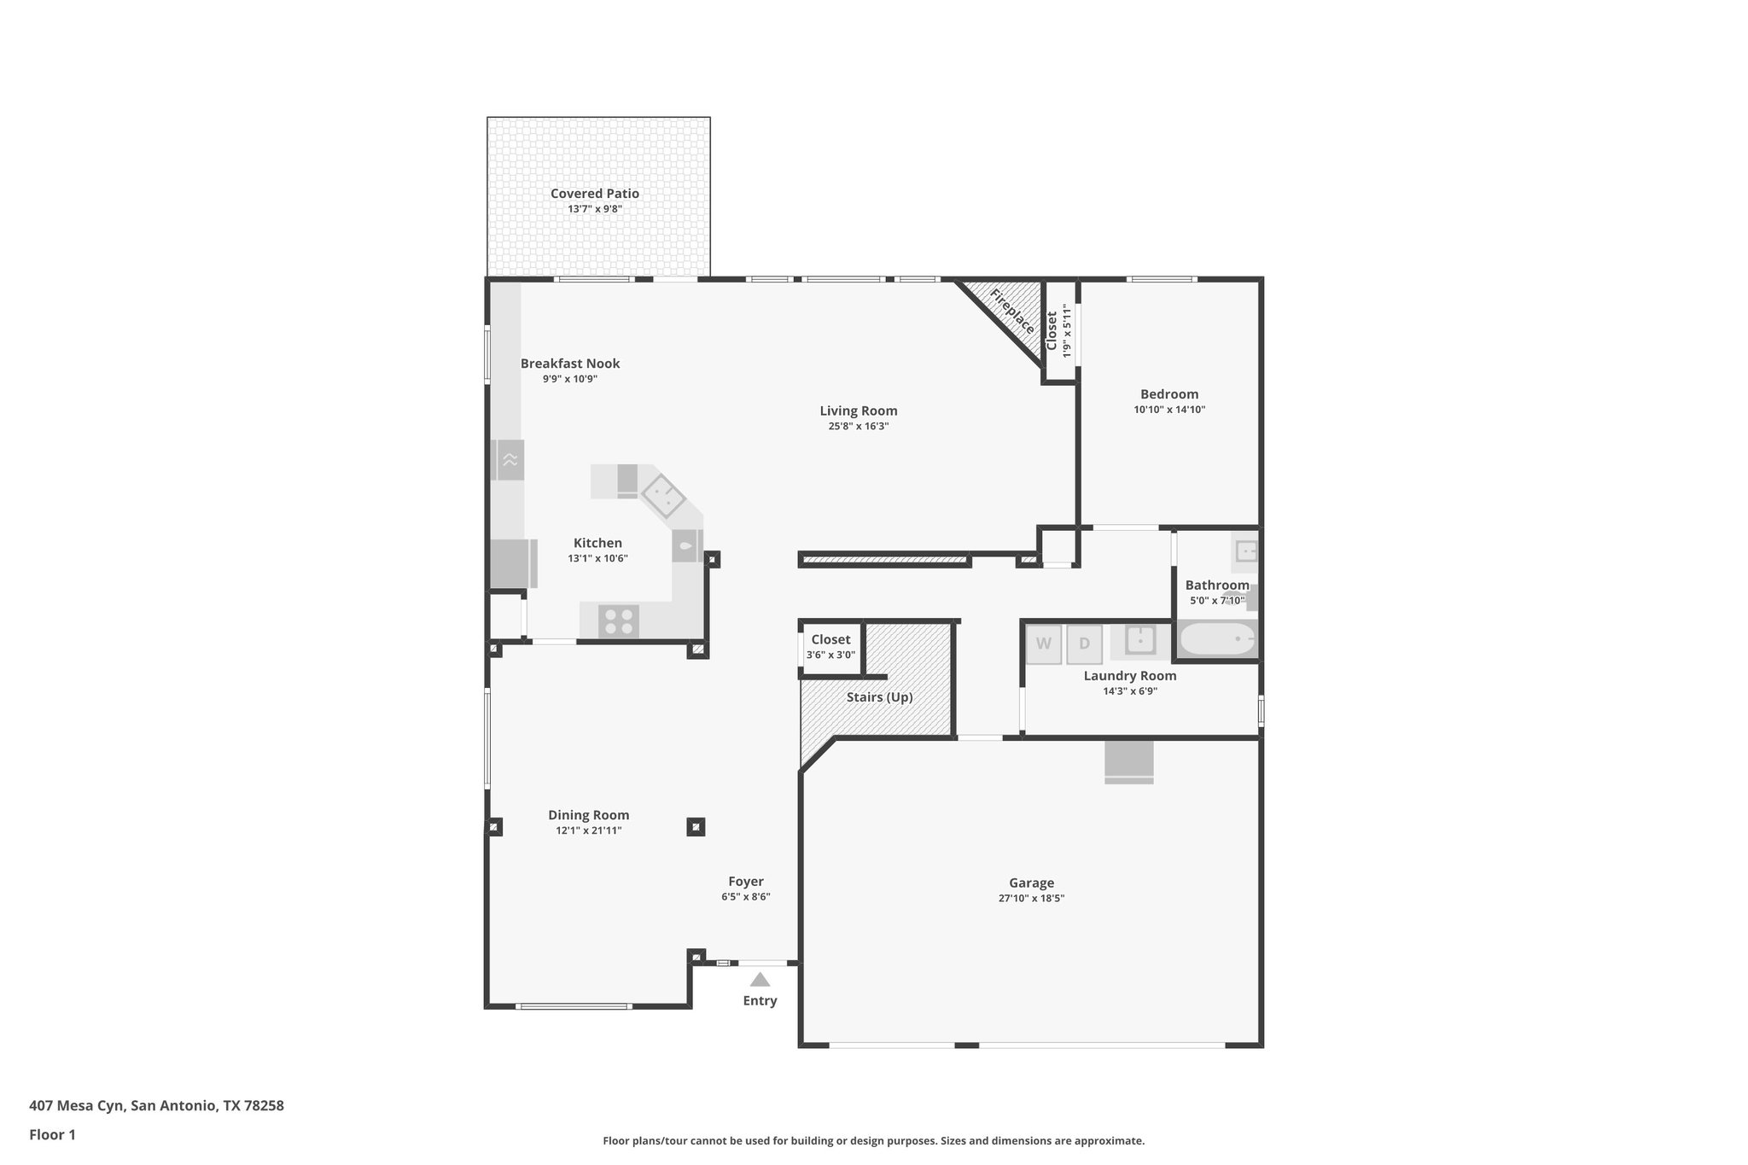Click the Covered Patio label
click(594, 194)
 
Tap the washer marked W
click(1044, 644)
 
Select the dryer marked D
click(1084, 644)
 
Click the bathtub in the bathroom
click(1216, 639)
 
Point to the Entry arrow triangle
click(760, 980)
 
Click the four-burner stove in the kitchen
click(619, 620)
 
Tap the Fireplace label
click(1012, 312)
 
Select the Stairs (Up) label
click(879, 697)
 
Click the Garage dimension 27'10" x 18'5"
click(1031, 898)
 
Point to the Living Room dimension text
click(858, 426)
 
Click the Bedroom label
click(1168, 394)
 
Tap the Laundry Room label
click(1129, 676)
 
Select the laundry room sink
click(1140, 640)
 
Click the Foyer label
click(745, 882)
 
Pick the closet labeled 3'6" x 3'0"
click(830, 648)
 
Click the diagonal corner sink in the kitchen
click(663, 497)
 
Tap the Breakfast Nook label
click(570, 364)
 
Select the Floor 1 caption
click(52, 1134)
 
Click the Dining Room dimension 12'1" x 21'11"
click(588, 830)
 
